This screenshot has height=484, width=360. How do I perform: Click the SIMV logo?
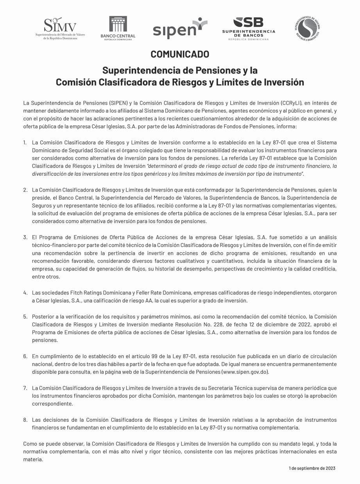pos(59,29)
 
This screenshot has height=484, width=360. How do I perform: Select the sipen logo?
pos(179,29)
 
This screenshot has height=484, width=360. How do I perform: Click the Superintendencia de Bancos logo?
pos(249,29)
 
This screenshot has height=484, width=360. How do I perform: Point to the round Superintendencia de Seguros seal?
pos(308,29)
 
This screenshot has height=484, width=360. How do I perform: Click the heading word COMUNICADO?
pos(180,54)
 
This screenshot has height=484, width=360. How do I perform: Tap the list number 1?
pos(25,143)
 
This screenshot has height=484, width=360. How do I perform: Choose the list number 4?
pos(25,293)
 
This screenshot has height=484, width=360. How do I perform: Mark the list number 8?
pos(25,420)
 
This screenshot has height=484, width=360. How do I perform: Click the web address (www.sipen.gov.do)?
pos(245,372)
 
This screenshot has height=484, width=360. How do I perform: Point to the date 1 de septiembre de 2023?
pos(312,468)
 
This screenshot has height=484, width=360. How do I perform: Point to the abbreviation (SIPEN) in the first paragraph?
pos(120,103)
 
